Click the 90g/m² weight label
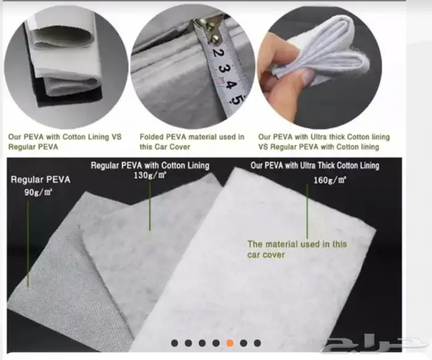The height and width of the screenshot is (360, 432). (x=38, y=192)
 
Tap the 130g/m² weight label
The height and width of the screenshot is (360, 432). (x=150, y=175)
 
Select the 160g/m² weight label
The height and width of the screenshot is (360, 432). (x=330, y=180)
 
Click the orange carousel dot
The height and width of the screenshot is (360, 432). (x=230, y=343)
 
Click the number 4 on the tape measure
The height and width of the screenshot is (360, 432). (x=229, y=85)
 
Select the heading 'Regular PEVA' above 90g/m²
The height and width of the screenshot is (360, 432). (x=41, y=180)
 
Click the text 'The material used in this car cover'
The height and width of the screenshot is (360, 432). (x=297, y=249)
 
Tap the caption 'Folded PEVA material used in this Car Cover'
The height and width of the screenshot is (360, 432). (x=192, y=141)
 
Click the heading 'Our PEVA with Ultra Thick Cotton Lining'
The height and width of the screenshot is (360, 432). (x=315, y=165)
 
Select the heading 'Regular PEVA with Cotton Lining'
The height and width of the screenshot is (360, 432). (x=150, y=165)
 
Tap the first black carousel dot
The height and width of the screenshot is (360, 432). (x=175, y=343)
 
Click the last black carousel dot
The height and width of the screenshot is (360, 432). (x=257, y=343)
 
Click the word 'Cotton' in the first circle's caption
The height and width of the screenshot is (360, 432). (x=74, y=137)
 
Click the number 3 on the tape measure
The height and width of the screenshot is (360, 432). (x=222, y=68)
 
